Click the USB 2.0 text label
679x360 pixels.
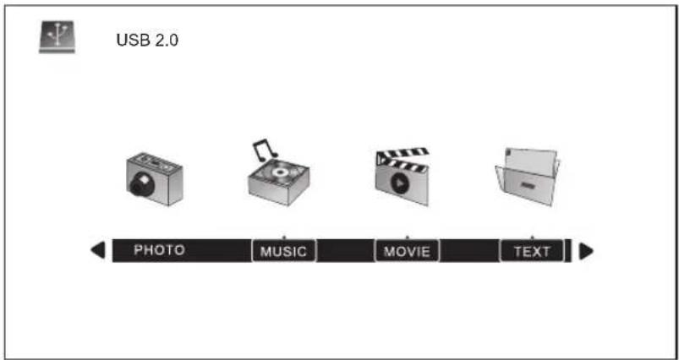(x=147, y=41)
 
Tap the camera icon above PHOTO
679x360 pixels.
(x=155, y=178)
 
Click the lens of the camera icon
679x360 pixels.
(x=140, y=185)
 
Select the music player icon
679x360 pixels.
(x=279, y=172)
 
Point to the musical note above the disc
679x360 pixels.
(x=264, y=149)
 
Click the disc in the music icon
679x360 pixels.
(x=279, y=172)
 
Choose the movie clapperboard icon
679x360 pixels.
(x=402, y=177)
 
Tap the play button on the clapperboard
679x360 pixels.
(x=399, y=183)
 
